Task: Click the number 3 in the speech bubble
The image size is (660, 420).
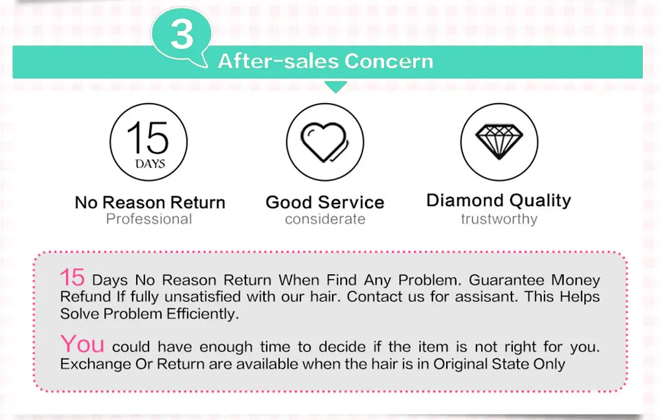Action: tap(182, 34)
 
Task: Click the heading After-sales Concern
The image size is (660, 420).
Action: tap(325, 61)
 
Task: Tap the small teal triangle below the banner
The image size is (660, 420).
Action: tap(335, 87)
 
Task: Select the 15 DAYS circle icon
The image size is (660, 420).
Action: tap(148, 142)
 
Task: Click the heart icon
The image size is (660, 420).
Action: tap(325, 142)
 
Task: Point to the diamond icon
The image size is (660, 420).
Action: tap(499, 142)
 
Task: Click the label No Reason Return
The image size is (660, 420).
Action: tap(150, 203)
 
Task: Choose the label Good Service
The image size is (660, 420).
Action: tap(325, 203)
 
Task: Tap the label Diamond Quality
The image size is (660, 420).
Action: tap(499, 201)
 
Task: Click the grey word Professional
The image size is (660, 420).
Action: tap(149, 219)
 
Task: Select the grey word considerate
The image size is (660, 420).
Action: tap(325, 219)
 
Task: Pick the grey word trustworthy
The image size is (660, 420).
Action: tap(499, 219)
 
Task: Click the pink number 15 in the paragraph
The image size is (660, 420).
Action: tap(73, 277)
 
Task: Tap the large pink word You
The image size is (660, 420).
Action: tap(82, 344)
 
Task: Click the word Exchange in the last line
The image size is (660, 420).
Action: tap(96, 364)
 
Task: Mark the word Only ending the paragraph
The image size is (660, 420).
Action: tap(549, 364)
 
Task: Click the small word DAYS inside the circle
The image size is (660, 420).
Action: tap(150, 164)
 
